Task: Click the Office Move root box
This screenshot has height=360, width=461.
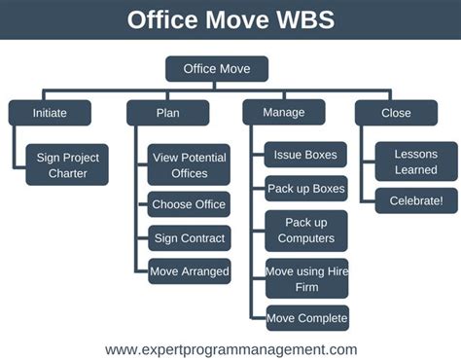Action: pos(216,69)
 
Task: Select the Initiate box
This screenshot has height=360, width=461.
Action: pos(51,113)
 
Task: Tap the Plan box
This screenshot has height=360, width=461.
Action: pos(167,113)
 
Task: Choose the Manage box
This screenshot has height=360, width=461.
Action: pos(284,112)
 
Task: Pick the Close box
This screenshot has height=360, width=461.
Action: pos(396,113)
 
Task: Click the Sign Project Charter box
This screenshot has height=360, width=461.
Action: pos(68,164)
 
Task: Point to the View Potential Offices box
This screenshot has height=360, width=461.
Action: pos(189,164)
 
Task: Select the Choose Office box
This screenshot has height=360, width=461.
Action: pos(189,204)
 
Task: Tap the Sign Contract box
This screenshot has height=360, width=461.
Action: pos(189,238)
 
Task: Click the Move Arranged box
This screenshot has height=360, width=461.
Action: pos(189,271)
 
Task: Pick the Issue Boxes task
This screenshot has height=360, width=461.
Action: pos(306,154)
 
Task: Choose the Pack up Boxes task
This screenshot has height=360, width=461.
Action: pos(306,188)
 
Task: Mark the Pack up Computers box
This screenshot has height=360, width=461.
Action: pos(306,230)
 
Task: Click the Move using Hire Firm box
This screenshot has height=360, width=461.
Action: pos(306,278)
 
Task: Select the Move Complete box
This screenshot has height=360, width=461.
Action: pos(306,318)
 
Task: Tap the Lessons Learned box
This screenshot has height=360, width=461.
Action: pos(416,162)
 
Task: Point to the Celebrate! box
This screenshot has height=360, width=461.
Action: pos(416,201)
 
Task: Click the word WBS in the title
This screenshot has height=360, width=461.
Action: pos(298,20)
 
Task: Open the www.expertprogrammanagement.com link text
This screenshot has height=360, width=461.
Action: pos(230,348)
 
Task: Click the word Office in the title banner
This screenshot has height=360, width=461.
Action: pos(164,20)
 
